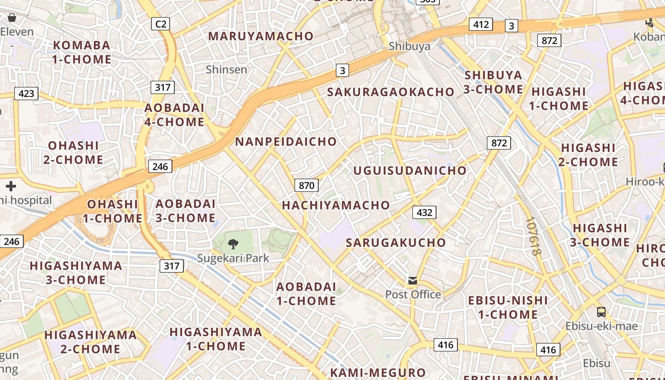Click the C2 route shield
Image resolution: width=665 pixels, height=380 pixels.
161,23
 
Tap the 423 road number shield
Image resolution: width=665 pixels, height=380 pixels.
26,93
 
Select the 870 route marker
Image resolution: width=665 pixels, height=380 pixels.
306,185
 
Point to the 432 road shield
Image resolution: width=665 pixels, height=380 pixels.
424,212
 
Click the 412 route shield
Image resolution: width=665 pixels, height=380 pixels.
481,24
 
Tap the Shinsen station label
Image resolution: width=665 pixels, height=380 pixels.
227,69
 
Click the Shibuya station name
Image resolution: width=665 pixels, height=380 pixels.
409,46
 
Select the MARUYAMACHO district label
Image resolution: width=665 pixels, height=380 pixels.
261,36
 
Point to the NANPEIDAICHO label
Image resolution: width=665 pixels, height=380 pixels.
286,142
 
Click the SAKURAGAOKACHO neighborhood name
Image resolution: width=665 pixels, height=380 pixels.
390,92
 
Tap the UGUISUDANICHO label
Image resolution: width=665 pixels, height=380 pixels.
410,171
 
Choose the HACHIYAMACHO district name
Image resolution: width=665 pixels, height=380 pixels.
336,205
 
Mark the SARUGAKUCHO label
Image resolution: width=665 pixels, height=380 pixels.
396,243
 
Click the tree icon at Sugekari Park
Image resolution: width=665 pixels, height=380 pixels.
233,244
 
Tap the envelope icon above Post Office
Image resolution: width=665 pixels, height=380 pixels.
413,281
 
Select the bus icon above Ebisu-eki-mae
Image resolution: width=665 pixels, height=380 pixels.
601,312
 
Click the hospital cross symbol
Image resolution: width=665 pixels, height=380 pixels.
11,186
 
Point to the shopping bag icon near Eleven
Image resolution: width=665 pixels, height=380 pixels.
12,18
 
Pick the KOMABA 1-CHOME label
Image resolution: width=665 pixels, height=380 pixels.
82,52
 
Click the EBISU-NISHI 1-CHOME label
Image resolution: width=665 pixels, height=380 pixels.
508,307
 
